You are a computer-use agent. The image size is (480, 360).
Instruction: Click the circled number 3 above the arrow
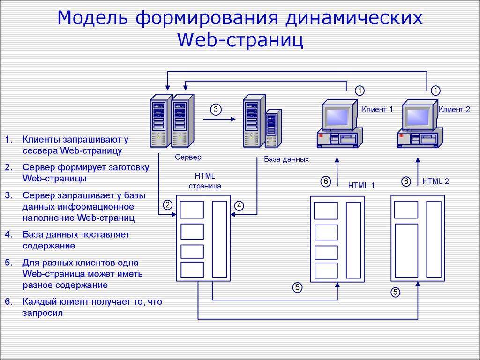[215, 109]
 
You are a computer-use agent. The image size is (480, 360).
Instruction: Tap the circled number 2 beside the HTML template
[168, 204]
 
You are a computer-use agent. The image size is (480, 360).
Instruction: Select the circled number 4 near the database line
[239, 205]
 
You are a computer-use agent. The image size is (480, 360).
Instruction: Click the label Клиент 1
[377, 110]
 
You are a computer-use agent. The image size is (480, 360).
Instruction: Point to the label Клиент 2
[454, 110]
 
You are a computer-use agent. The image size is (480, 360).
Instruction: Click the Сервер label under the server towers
[188, 157]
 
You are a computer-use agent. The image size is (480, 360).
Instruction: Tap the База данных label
[286, 159]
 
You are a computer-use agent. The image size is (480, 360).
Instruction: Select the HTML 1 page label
[361, 185]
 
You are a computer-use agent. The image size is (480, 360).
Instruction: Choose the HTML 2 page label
[435, 181]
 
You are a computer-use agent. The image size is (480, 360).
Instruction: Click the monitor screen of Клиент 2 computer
[418, 114]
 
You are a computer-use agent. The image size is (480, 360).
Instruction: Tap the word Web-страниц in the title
[240, 40]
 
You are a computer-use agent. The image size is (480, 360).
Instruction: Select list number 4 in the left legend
[9, 233]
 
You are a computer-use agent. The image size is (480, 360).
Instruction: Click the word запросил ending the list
[42, 313]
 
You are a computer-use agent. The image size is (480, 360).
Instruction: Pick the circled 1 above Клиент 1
[359, 90]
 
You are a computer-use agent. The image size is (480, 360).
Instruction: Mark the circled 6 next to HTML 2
[406, 181]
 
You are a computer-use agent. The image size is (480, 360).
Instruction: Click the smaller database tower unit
[272, 128]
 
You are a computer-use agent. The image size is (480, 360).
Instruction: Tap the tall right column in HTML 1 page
[353, 239]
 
